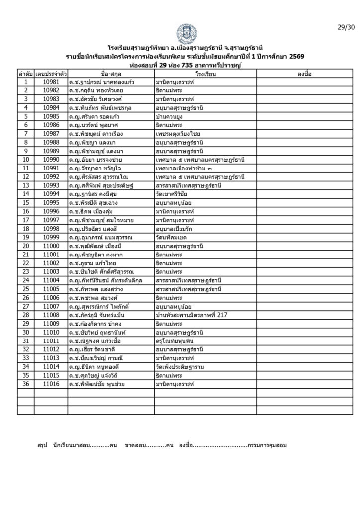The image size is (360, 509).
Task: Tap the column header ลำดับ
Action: (x=25, y=74)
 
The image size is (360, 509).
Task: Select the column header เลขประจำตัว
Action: (x=51, y=74)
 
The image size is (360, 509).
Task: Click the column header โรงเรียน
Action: (x=204, y=74)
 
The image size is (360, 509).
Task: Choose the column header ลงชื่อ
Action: (x=304, y=74)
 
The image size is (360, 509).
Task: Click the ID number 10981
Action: (x=51, y=82)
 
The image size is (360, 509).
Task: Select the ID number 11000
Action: (x=51, y=246)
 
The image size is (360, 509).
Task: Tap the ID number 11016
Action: (x=51, y=384)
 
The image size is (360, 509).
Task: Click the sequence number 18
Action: (x=25, y=229)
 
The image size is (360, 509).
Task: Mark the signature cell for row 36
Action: (x=304, y=384)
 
